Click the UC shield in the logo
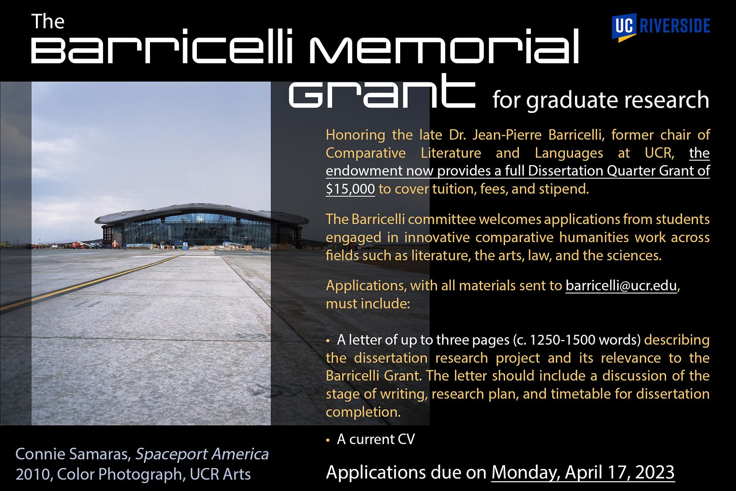[624, 28]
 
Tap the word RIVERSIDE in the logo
[675, 26]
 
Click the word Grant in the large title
[382, 92]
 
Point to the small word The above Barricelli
[48, 21]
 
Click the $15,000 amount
[350, 189]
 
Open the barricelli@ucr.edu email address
[621, 285]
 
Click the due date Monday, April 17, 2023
[583, 473]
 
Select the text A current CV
[376, 439]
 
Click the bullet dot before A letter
[328, 341]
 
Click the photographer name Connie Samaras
[73, 454]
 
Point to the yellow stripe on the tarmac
[92, 282]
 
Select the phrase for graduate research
[601, 100]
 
